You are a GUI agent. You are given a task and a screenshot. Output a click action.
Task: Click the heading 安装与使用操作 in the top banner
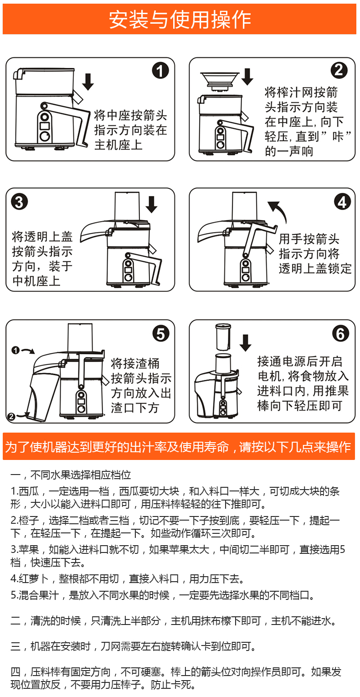click(180, 20)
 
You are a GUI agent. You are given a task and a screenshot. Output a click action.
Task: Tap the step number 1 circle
click(160, 71)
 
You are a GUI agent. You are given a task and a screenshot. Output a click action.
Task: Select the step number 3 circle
click(19, 201)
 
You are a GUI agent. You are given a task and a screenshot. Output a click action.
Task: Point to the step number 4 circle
click(342, 201)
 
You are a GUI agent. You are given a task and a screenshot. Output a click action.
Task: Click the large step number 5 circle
click(160, 334)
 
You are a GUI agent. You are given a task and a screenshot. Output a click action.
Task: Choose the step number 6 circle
click(340, 334)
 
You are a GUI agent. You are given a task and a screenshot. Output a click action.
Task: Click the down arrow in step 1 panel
click(87, 81)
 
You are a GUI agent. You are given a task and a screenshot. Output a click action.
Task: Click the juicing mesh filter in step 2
click(220, 80)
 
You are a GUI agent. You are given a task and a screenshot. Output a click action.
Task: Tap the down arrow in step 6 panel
click(246, 342)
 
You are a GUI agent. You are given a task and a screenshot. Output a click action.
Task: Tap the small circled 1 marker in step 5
click(15, 350)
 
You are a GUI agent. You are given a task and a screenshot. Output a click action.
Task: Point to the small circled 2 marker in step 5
click(11, 416)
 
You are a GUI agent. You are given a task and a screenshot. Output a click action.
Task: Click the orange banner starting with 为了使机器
click(179, 446)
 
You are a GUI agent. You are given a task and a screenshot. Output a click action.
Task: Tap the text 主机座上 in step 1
click(118, 145)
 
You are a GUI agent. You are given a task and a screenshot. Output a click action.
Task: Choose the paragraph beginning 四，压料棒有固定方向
click(176, 678)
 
